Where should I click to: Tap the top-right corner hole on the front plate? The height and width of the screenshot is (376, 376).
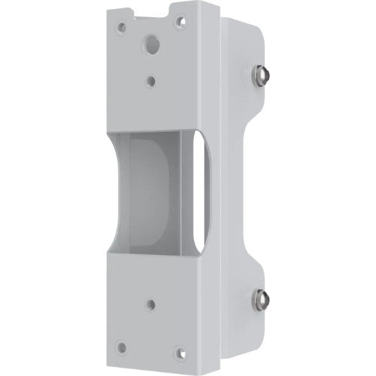179,22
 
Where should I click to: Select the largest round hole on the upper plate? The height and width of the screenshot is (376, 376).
153,45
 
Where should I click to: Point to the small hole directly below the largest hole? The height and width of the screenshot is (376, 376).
153,77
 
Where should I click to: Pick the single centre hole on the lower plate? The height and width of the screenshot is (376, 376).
150,304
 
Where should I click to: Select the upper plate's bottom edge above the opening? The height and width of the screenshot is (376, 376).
154,129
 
